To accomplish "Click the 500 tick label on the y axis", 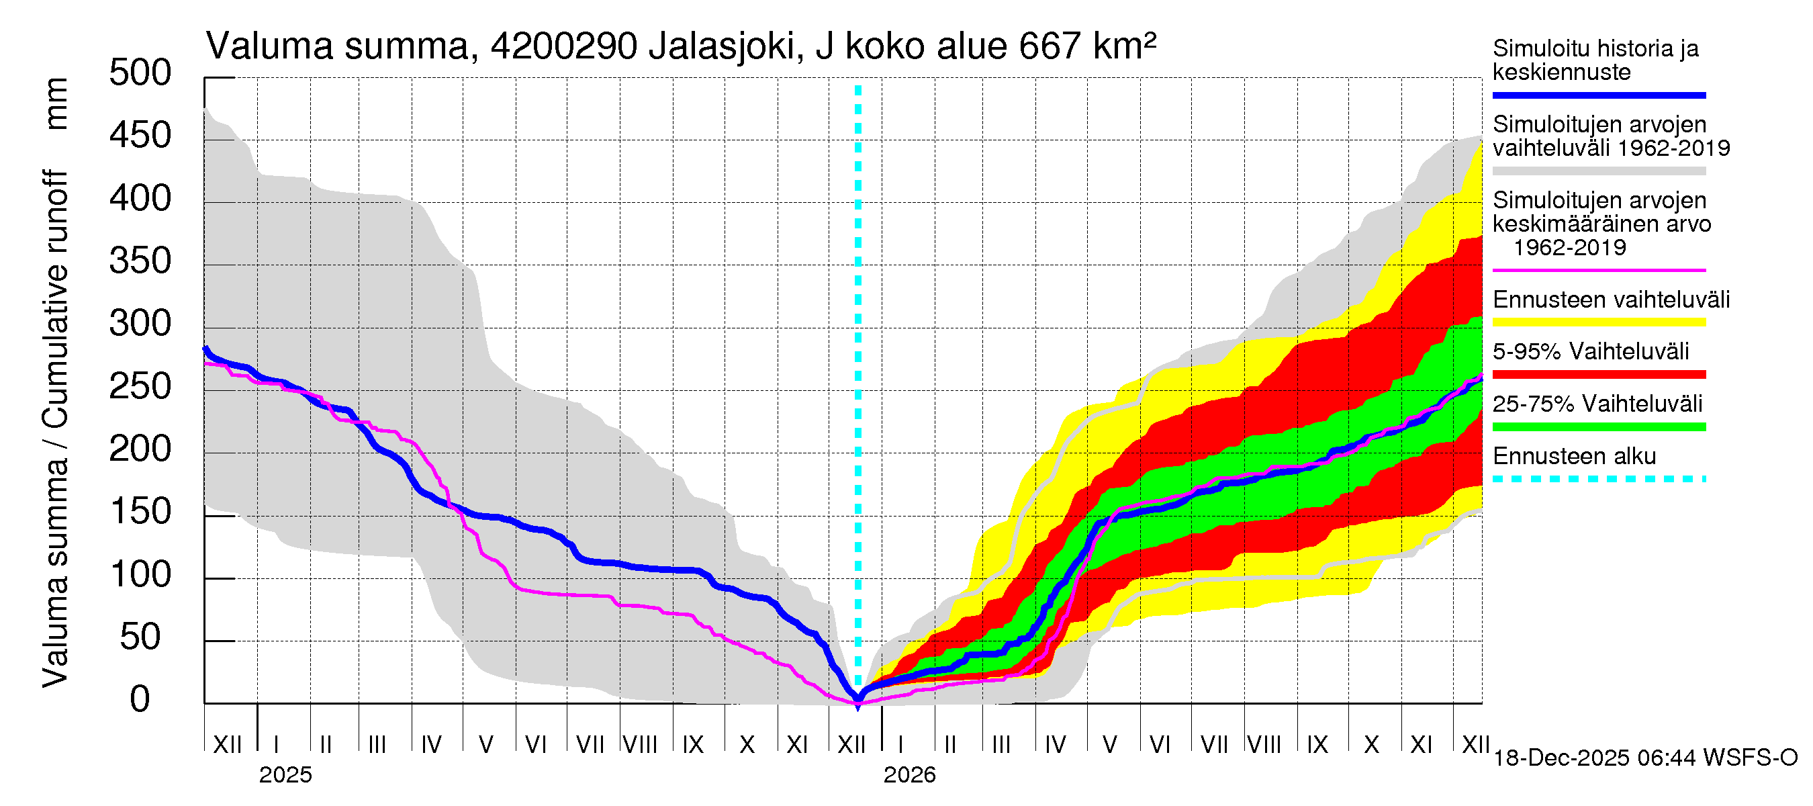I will (x=140, y=73).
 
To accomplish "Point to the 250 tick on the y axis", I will (x=140, y=386).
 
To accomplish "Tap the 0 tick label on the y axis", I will (x=140, y=700).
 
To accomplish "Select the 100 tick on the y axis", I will (x=140, y=575).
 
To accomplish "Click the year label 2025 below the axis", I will (x=285, y=775).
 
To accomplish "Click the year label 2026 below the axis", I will (x=909, y=775).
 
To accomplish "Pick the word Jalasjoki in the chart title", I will (x=722, y=46).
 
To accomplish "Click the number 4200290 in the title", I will (x=564, y=46).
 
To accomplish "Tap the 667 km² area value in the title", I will (x=1087, y=46).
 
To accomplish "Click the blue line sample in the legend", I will (x=1598, y=95).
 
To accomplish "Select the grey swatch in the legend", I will (x=1598, y=171).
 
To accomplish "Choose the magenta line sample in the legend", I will (x=1598, y=270).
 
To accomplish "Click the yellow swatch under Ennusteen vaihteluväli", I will (x=1598, y=322).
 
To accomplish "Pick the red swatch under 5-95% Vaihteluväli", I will (x=1598, y=375).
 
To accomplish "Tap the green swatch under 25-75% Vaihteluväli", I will (x=1598, y=427).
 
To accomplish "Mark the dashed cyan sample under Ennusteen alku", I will (x=1598, y=480).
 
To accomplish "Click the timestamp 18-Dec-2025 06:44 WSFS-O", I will (x=1644, y=758).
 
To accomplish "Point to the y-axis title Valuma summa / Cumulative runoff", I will (x=55, y=429).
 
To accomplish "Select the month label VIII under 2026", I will (x=1264, y=744).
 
